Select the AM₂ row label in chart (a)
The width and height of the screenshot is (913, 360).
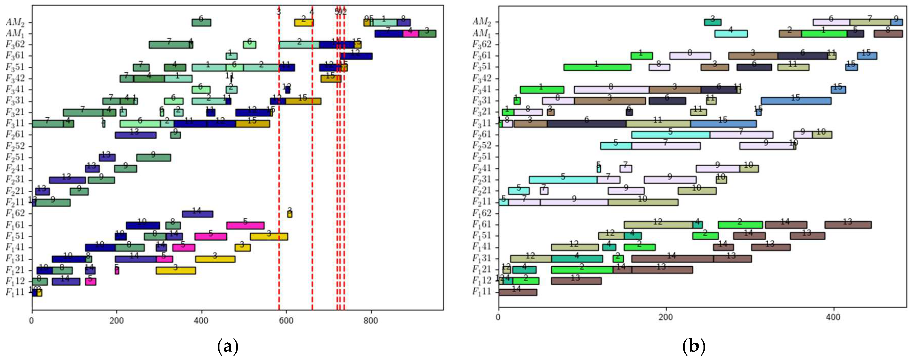15,22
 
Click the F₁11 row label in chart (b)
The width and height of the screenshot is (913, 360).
481,292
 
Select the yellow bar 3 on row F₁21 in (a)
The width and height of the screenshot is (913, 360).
176,271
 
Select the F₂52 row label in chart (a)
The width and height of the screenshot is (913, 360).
15,146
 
